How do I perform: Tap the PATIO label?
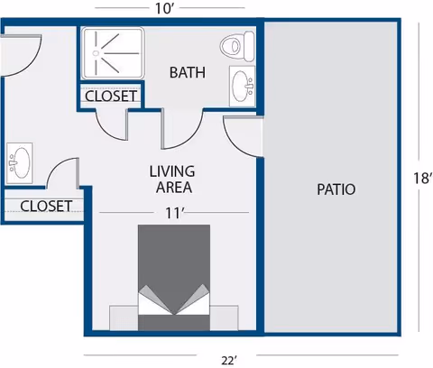point(336,190)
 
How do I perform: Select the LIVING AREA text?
point(172,179)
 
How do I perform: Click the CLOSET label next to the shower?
point(111,96)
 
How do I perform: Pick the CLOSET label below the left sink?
point(45,206)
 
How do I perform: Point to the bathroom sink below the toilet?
point(241,87)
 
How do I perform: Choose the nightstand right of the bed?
point(225,317)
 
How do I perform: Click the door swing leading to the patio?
point(242,135)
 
